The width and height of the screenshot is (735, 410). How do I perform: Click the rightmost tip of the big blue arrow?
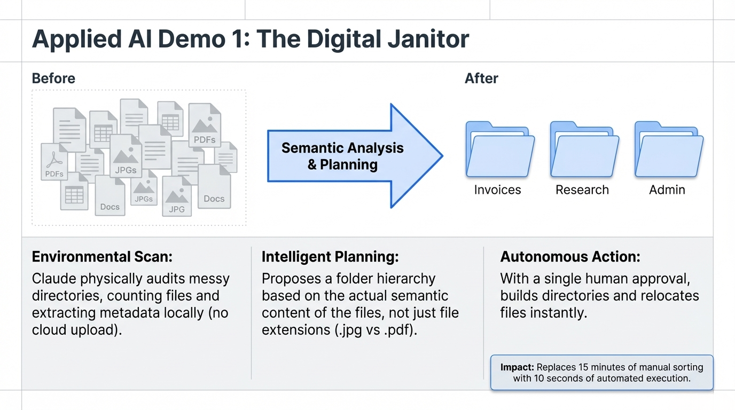pyautogui.click(x=443, y=156)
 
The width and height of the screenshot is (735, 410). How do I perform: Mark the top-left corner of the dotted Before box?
pyautogui.click(x=32, y=90)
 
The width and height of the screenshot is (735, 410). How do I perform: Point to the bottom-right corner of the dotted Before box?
pyautogui.click(x=246, y=225)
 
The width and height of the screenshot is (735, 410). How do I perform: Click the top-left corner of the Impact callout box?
pyautogui.click(x=491, y=355)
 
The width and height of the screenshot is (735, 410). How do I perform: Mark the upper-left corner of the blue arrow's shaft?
pyautogui.click(x=268, y=131)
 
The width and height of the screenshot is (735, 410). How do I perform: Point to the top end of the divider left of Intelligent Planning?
pyautogui.click(x=252, y=247)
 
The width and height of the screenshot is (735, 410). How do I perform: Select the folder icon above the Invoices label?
pyautogui.click(x=500, y=149)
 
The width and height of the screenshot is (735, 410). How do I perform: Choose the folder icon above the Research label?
pyautogui.click(x=585, y=149)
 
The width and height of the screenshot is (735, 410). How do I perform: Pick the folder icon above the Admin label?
pyautogui.click(x=669, y=149)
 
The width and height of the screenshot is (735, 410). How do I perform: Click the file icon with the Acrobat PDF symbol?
pyautogui.click(x=54, y=162)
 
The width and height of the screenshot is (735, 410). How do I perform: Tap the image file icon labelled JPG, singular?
pyautogui.click(x=177, y=196)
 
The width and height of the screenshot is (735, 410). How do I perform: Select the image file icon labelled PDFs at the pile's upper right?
pyautogui.click(x=205, y=125)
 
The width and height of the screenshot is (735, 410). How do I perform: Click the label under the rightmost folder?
pyautogui.click(x=667, y=190)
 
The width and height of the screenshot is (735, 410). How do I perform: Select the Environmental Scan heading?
pyautogui.click(x=102, y=256)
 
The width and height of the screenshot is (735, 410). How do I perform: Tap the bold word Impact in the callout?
pyautogui.click(x=517, y=367)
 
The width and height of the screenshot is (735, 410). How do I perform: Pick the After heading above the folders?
pyautogui.click(x=481, y=78)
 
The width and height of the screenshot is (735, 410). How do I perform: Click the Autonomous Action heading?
pyautogui.click(x=570, y=256)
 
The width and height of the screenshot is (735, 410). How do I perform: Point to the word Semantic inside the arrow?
pyautogui.click(x=312, y=148)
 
